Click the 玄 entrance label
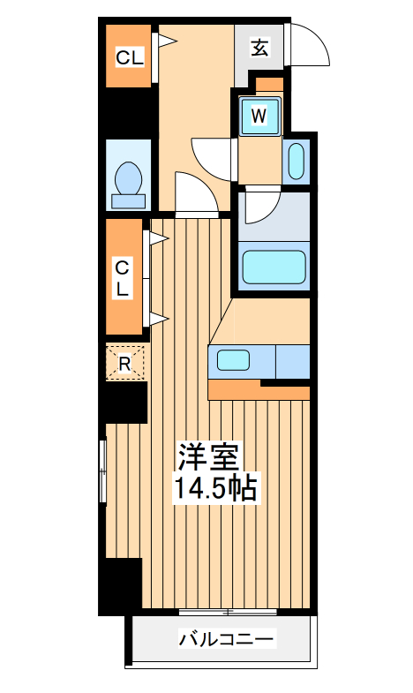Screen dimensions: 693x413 click(259, 48)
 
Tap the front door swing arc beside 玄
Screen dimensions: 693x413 click(310, 49)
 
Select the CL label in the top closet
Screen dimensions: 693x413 click(129, 58)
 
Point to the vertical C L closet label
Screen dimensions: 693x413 click(124, 277)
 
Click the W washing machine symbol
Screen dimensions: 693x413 click(259, 115)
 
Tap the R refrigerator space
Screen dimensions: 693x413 click(125, 363)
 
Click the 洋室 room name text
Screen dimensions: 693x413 click(208, 457)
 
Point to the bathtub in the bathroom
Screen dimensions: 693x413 click(273, 266)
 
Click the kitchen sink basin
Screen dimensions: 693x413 click(235, 360)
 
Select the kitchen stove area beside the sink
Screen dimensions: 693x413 click(292, 360)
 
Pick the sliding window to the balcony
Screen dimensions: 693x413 click(228, 611)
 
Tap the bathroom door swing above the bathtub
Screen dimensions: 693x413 click(260, 208)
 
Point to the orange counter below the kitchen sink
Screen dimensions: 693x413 click(234, 389)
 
